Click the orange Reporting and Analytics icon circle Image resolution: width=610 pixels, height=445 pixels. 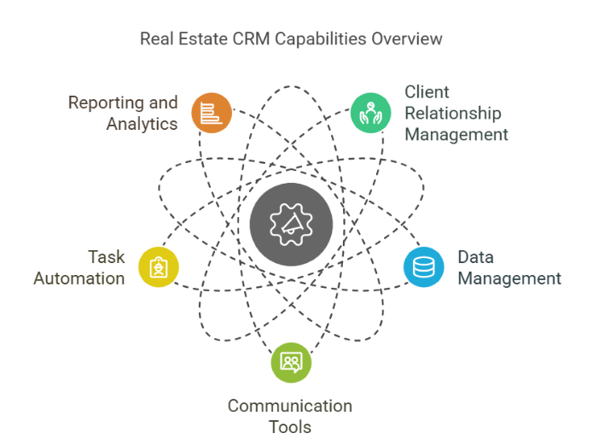click(x=212, y=113)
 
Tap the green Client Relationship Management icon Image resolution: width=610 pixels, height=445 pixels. click(x=371, y=113)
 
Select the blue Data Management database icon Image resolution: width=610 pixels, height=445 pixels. click(x=424, y=267)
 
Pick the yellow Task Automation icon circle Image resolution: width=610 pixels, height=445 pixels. click(x=159, y=267)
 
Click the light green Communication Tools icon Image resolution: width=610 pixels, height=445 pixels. click(x=291, y=363)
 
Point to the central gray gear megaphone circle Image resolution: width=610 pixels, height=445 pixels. click(x=291, y=225)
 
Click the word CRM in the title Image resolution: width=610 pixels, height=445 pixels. click(x=251, y=39)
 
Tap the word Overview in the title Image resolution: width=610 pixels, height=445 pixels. click(x=407, y=39)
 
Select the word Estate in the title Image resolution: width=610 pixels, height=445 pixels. click(x=203, y=39)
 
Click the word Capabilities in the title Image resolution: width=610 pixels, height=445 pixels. click(x=321, y=39)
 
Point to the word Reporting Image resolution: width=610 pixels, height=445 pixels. click(x=105, y=103)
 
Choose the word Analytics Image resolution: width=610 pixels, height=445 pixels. click(x=142, y=124)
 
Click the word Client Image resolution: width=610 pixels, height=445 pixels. click(x=427, y=92)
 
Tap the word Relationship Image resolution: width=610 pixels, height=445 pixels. click(x=453, y=114)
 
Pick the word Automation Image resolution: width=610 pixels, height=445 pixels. click(x=79, y=278)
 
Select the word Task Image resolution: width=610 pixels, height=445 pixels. click(x=106, y=257)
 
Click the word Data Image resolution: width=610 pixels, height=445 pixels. click(x=476, y=257)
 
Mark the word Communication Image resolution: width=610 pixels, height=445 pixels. click(x=290, y=406)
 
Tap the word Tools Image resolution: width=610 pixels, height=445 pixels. click(x=290, y=427)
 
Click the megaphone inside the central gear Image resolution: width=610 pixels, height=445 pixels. click(x=291, y=224)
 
